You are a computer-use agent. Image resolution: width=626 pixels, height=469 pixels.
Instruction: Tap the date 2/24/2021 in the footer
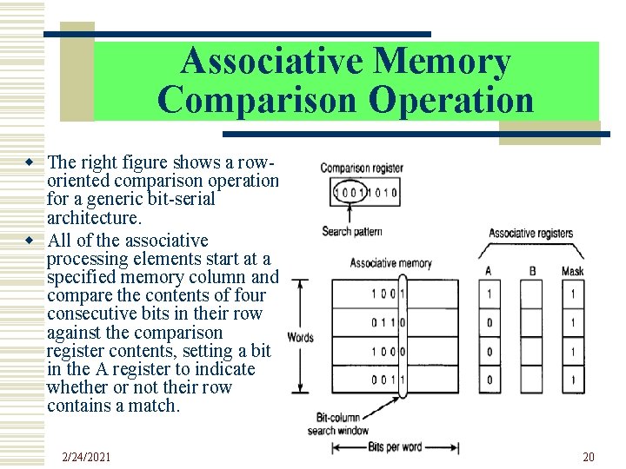88,457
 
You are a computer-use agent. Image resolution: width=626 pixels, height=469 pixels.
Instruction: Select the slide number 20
588,457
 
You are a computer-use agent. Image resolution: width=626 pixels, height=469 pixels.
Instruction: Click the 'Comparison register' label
361,168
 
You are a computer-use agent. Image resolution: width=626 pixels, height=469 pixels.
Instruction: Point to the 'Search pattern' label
351,231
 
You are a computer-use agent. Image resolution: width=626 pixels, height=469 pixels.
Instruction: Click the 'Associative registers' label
530,233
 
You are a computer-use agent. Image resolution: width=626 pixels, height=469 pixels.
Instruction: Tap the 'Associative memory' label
390,262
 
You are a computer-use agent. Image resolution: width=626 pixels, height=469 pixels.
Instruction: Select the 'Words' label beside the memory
299,337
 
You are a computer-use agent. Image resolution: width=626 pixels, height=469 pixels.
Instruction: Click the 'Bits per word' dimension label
393,447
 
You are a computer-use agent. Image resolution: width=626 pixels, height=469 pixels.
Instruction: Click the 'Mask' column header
572,271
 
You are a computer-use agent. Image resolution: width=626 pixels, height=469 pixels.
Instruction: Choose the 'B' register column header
532,271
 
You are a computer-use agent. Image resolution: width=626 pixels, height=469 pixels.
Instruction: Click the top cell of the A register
489,294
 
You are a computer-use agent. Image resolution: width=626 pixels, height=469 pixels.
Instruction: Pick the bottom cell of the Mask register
572,380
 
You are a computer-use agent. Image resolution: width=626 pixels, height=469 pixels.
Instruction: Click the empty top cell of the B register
532,294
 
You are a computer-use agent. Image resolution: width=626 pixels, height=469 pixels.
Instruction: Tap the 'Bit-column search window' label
337,424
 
